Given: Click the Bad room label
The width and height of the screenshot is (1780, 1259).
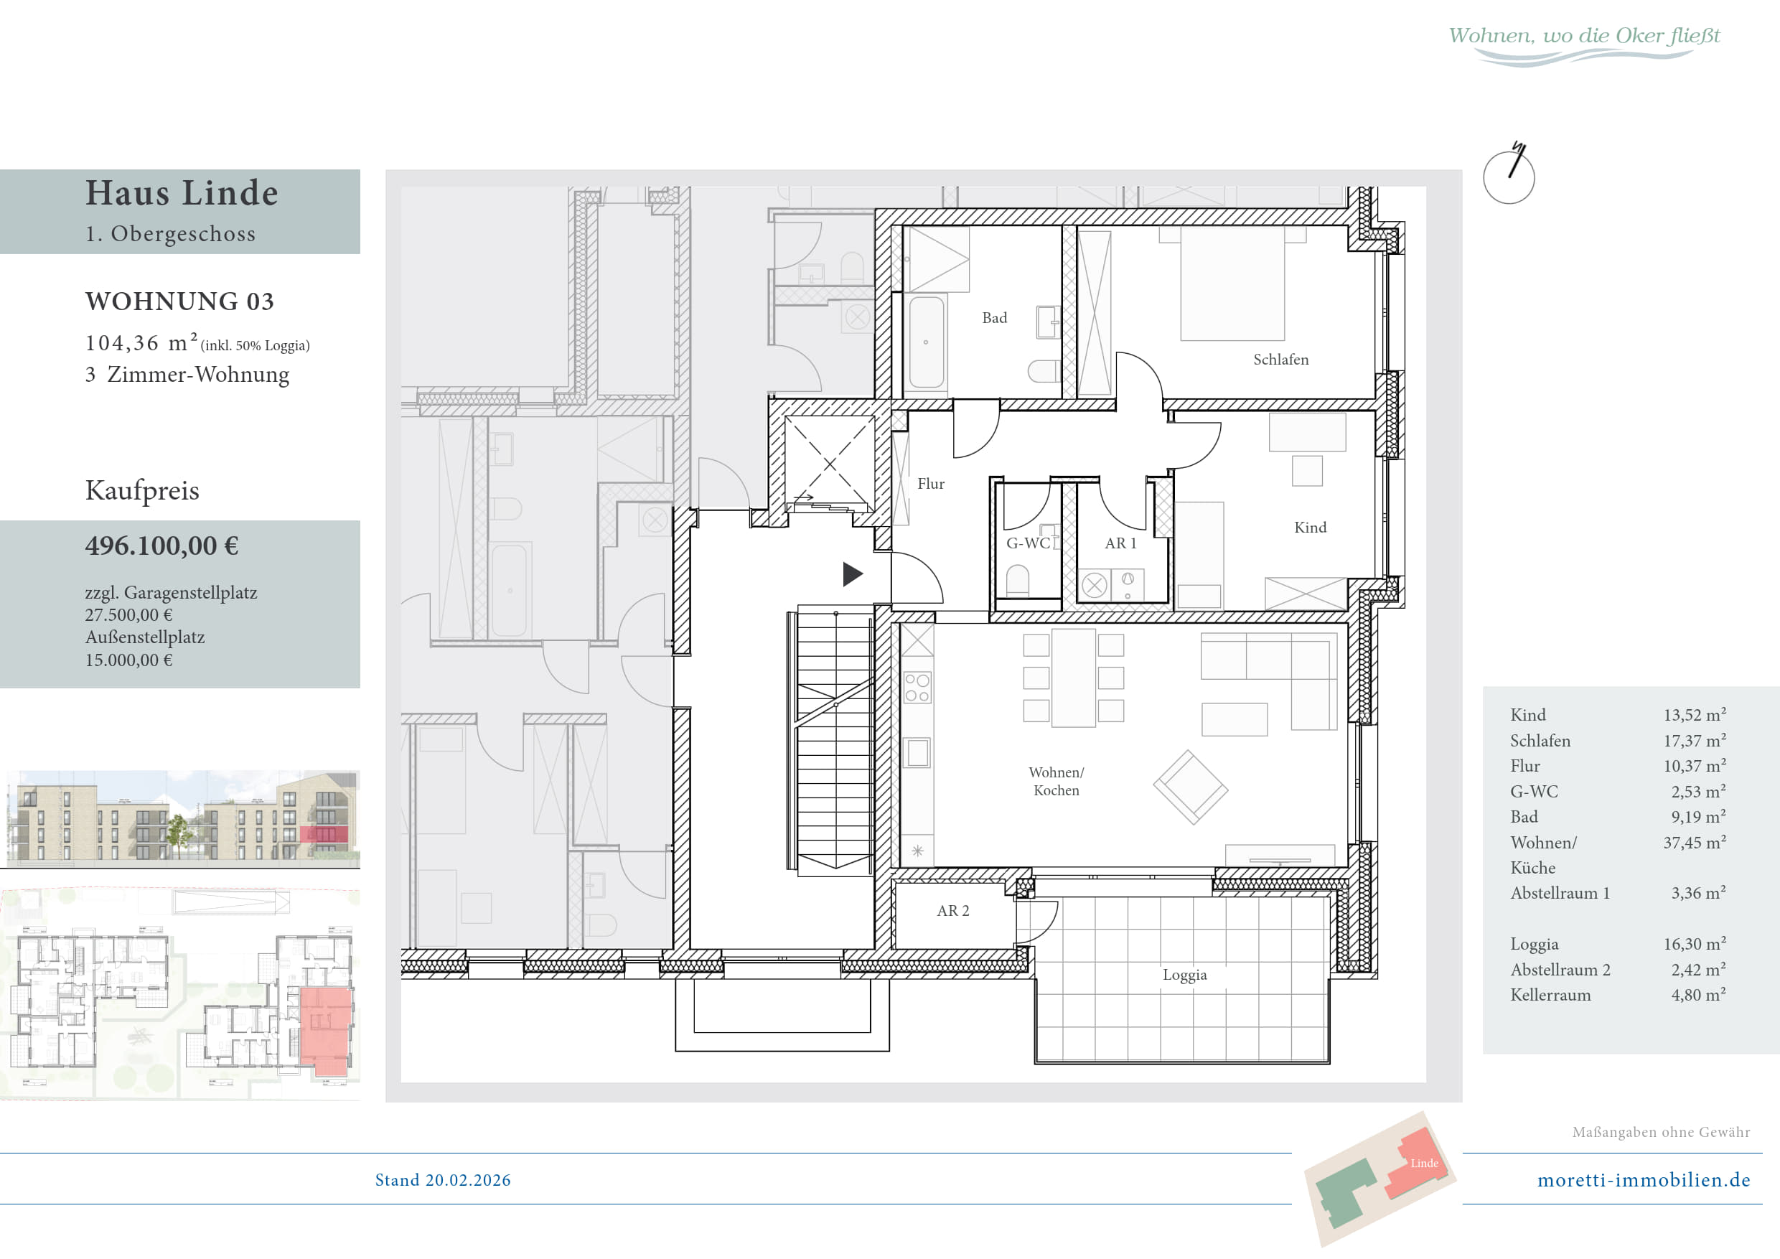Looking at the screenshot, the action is point(994,318).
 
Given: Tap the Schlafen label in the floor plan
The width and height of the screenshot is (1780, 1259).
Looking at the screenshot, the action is point(1280,360).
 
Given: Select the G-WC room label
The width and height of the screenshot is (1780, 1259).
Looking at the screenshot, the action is point(1028,543).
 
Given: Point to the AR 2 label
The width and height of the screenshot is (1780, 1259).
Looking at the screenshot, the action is point(952,911).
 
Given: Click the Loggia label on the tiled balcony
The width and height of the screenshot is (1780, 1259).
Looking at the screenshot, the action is point(1184,975).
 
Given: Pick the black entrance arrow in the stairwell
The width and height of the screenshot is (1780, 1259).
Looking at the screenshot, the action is point(853,574).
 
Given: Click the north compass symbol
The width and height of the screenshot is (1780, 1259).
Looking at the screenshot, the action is point(1509,174).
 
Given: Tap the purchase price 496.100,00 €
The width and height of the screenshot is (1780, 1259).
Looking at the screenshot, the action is point(162,546).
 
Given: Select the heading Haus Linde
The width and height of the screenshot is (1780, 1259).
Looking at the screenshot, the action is point(182,193).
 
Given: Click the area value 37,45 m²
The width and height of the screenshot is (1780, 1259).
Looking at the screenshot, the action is point(1694,842).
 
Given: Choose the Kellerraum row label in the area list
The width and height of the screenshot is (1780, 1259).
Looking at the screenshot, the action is point(1550,995).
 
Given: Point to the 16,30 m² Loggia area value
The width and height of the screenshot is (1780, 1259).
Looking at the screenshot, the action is point(1694,943).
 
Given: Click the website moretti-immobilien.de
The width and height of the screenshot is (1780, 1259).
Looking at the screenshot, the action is point(1644,1180).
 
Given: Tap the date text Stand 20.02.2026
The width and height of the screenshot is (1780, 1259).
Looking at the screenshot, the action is point(443,1180).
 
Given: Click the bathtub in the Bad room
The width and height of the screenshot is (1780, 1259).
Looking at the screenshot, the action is point(927,342).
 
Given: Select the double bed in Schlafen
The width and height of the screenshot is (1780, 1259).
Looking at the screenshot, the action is point(1232,283).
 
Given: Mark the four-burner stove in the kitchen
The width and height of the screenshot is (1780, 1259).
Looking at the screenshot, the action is point(917,687).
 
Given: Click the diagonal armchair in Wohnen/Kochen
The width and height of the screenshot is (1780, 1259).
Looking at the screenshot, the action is point(1190,787).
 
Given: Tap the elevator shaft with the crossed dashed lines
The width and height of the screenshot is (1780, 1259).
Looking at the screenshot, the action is point(830,464).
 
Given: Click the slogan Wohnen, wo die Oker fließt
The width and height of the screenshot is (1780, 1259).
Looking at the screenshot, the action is point(1584,37).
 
